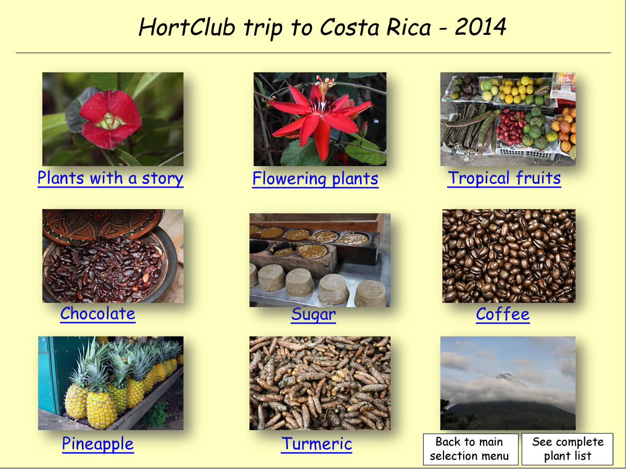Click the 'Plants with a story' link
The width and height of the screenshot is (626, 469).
click(x=111, y=179)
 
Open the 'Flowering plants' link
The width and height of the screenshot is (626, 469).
click(x=316, y=179)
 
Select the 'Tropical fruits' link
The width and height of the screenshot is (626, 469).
click(x=504, y=179)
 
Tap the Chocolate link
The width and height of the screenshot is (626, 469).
click(x=98, y=314)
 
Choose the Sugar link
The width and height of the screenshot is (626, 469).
click(x=314, y=315)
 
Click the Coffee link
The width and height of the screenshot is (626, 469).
click(x=503, y=314)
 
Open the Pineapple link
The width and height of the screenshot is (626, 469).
click(x=98, y=444)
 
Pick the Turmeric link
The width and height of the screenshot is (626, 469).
click(x=316, y=444)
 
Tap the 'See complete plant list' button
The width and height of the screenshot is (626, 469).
click(x=567, y=449)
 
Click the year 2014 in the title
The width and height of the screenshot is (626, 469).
click(x=480, y=27)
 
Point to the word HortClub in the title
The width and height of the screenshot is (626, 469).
click(x=187, y=27)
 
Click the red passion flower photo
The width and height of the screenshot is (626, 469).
click(x=320, y=119)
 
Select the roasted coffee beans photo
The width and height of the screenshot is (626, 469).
click(x=509, y=256)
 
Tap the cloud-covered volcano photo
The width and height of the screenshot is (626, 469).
click(x=508, y=383)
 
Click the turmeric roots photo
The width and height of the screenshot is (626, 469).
click(x=320, y=383)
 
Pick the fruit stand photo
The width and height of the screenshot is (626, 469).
click(x=508, y=119)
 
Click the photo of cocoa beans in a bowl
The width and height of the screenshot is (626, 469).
click(x=113, y=256)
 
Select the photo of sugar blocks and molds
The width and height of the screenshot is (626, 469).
click(x=320, y=260)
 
